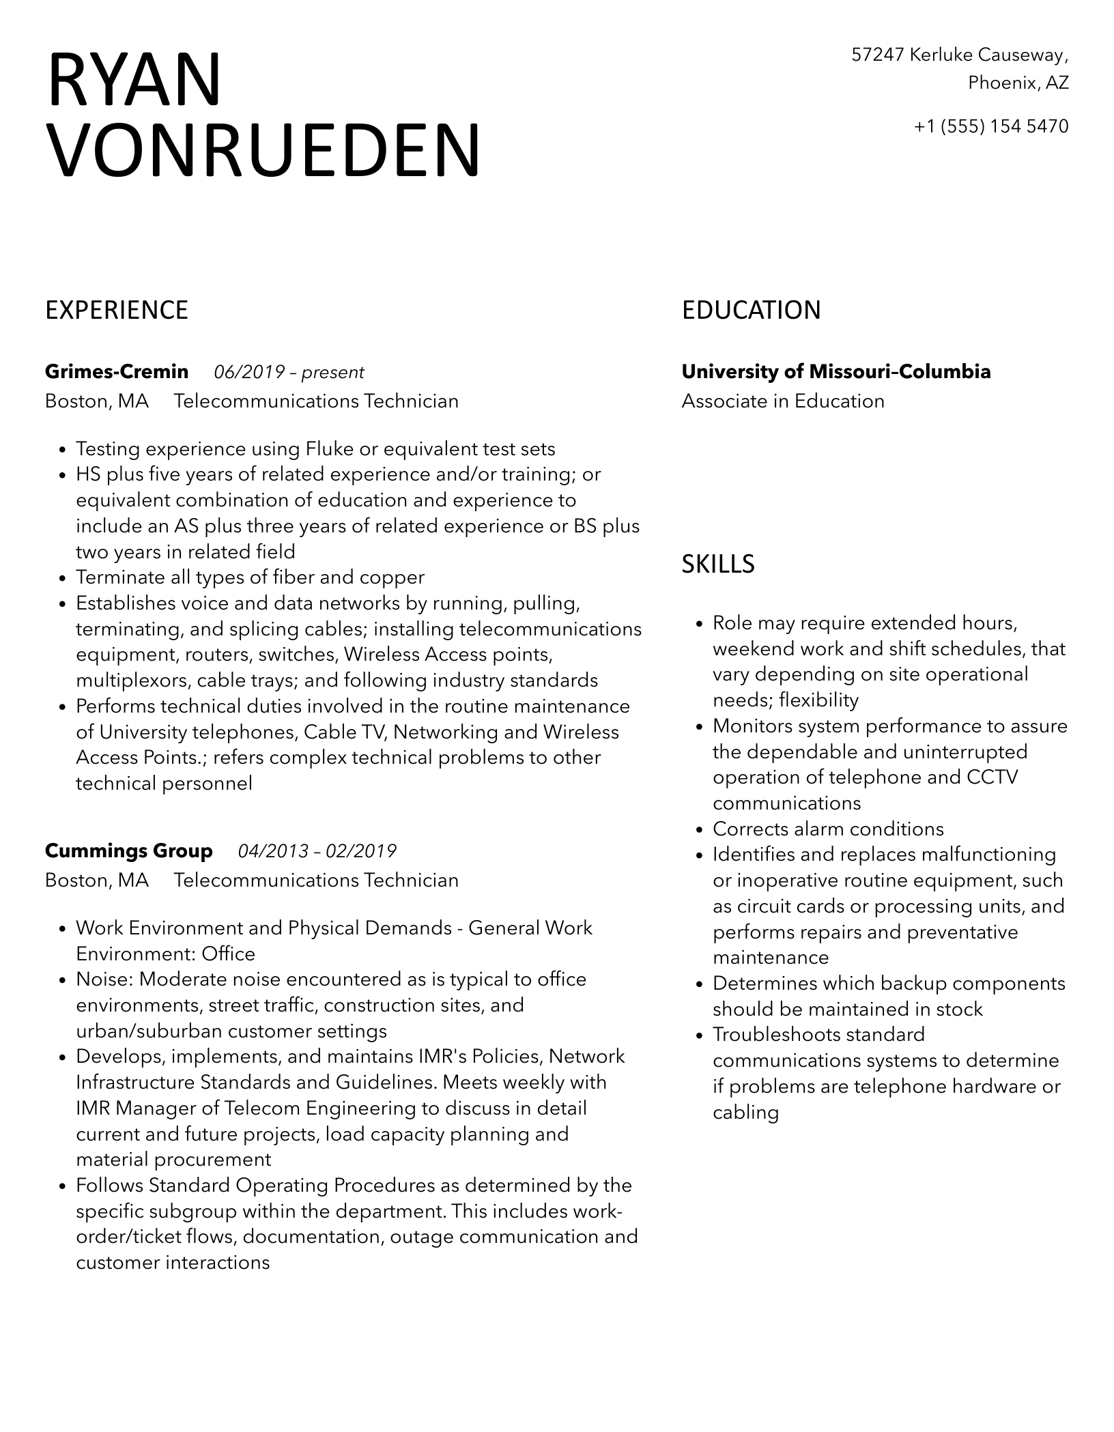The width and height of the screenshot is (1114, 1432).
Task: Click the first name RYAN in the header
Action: [134, 81]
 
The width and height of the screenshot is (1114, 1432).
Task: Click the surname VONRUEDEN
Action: [263, 151]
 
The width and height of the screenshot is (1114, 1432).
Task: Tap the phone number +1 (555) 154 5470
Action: [991, 126]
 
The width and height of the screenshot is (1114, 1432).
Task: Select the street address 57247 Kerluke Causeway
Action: [960, 55]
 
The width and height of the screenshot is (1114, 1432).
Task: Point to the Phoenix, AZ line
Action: [1018, 83]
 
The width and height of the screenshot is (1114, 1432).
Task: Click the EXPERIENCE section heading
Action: [117, 311]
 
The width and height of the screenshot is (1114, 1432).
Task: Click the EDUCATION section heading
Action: [751, 311]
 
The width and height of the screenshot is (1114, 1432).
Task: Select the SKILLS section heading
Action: [718, 564]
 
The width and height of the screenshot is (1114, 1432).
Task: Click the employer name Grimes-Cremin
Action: [117, 372]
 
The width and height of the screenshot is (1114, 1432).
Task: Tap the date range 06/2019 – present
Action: [289, 373]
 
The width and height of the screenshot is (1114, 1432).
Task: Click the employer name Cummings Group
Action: [129, 851]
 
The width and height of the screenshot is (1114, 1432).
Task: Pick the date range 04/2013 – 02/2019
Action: [317, 852]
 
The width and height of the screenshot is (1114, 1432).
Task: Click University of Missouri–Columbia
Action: [836, 372]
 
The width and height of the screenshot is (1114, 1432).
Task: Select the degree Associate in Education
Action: [783, 401]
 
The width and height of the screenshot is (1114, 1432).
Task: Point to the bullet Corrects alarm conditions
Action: [828, 829]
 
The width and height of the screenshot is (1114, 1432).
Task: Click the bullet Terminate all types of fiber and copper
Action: [250, 578]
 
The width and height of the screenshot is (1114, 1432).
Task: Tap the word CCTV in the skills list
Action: [992, 777]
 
